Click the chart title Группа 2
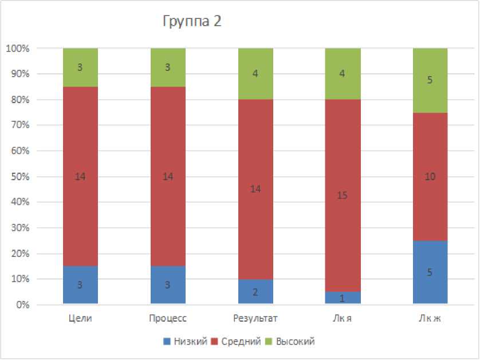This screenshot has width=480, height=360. pyautogui.click(x=192, y=22)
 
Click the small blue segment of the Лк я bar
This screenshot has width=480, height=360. pyautogui.click(x=343, y=298)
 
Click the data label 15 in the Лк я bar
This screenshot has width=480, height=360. pyautogui.click(x=343, y=196)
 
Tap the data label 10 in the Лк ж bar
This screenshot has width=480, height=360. pyautogui.click(x=430, y=177)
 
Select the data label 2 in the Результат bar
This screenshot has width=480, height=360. pyautogui.click(x=255, y=292)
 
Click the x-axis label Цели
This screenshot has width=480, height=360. pyautogui.click(x=80, y=318)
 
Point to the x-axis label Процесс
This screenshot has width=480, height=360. pyautogui.click(x=168, y=318)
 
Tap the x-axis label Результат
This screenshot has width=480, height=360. pyautogui.click(x=255, y=318)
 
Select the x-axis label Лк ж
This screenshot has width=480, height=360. pyautogui.click(x=430, y=318)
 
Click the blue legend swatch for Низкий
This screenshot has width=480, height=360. pyautogui.click(x=167, y=342)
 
